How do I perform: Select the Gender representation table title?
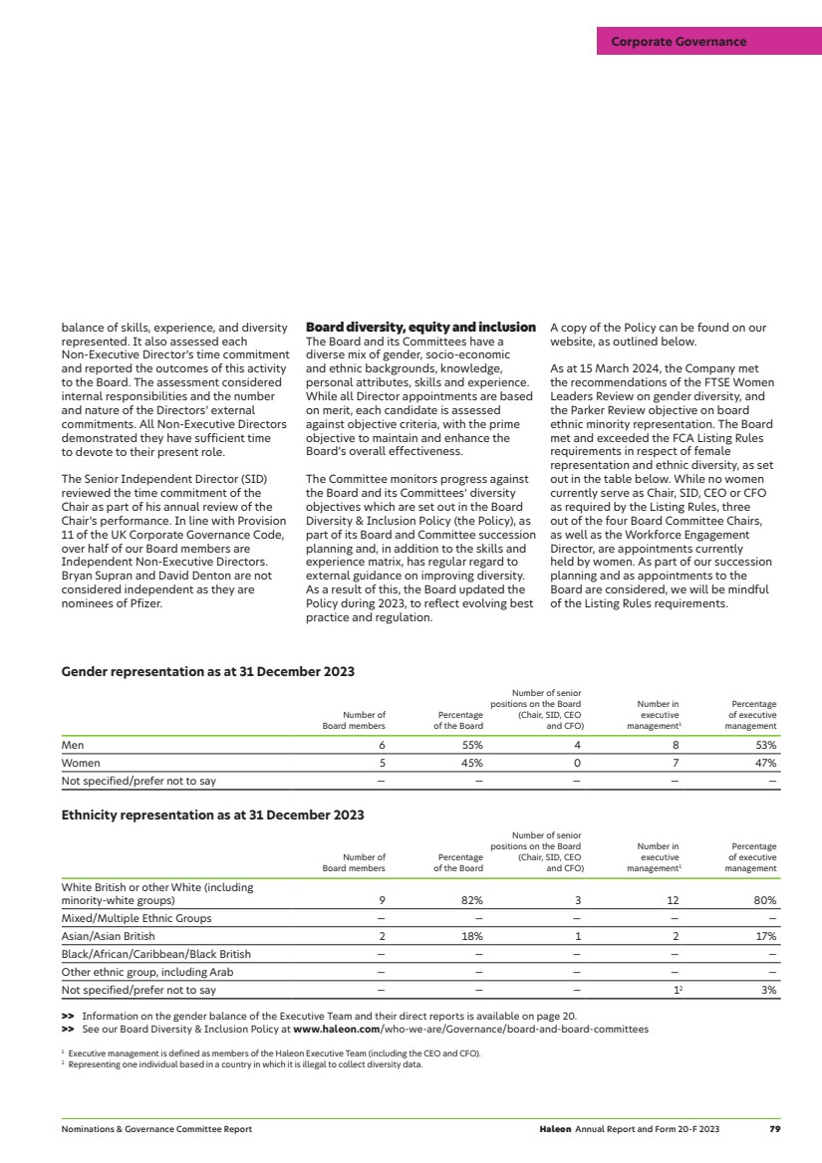(207, 671)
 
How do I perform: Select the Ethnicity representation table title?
(212, 814)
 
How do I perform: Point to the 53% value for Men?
(764, 745)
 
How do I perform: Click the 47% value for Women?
(764, 763)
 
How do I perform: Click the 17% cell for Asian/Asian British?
(765, 936)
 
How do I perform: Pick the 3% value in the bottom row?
(768, 991)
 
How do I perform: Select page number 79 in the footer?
(774, 1129)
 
